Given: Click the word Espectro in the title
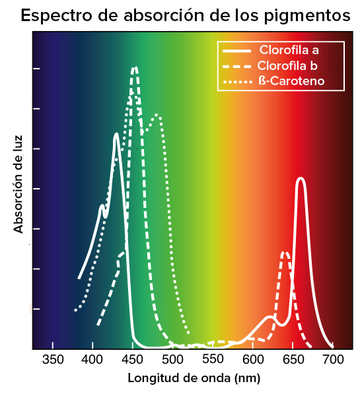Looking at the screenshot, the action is pyautogui.click(x=56, y=16).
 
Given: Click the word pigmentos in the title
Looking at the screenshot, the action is pyautogui.click(x=307, y=17).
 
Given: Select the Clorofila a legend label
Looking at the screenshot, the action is pyautogui.click(x=289, y=50).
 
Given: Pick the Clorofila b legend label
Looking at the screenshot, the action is pyautogui.click(x=287, y=66).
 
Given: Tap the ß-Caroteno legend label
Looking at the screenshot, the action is pyautogui.click(x=291, y=81).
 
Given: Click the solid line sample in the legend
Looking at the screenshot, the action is pyautogui.click(x=236, y=51).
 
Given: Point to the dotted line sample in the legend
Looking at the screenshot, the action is pyautogui.click(x=238, y=82).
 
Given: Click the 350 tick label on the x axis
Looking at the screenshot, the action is pyautogui.click(x=53, y=360).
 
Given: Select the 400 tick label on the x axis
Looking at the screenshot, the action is pyautogui.click(x=92, y=360).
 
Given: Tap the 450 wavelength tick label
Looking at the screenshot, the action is pyautogui.click(x=132, y=360).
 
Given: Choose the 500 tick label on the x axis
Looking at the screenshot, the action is pyautogui.click(x=172, y=360).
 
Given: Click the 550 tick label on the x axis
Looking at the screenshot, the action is pyautogui.click(x=213, y=359).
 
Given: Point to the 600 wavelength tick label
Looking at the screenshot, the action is pyautogui.click(x=253, y=360).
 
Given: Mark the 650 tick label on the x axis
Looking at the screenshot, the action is pyautogui.click(x=293, y=360).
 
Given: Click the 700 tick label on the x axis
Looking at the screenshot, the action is pyautogui.click(x=333, y=360).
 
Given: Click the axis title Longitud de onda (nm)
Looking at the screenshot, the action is pyautogui.click(x=194, y=378).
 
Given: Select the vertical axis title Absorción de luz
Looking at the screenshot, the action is pyautogui.click(x=18, y=185).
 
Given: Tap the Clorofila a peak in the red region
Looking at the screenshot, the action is pyautogui.click(x=301, y=178).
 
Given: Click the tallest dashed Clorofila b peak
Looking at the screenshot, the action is pyautogui.click(x=135, y=68).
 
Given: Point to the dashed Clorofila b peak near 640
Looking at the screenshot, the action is pyautogui.click(x=285, y=253).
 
